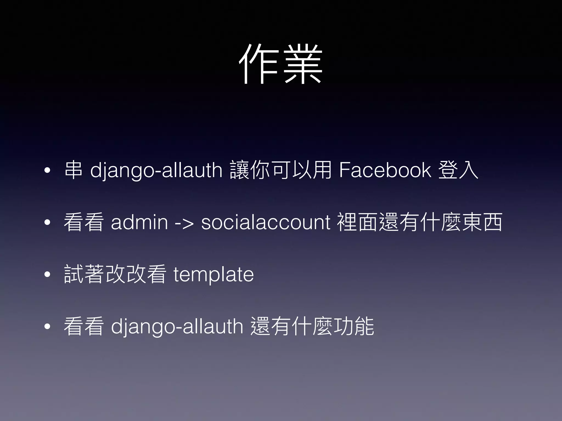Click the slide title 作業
281,64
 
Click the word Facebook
385,170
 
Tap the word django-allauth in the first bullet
156,170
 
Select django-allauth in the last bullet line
177,327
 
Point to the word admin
139,222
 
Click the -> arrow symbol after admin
184,223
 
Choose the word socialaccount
265,222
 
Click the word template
213,275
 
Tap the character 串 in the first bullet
73,170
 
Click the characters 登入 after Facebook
458,170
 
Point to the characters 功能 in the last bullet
353,327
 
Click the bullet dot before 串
47,171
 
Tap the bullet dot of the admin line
47,223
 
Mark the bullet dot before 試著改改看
47,275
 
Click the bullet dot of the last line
47,327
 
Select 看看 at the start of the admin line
84,222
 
